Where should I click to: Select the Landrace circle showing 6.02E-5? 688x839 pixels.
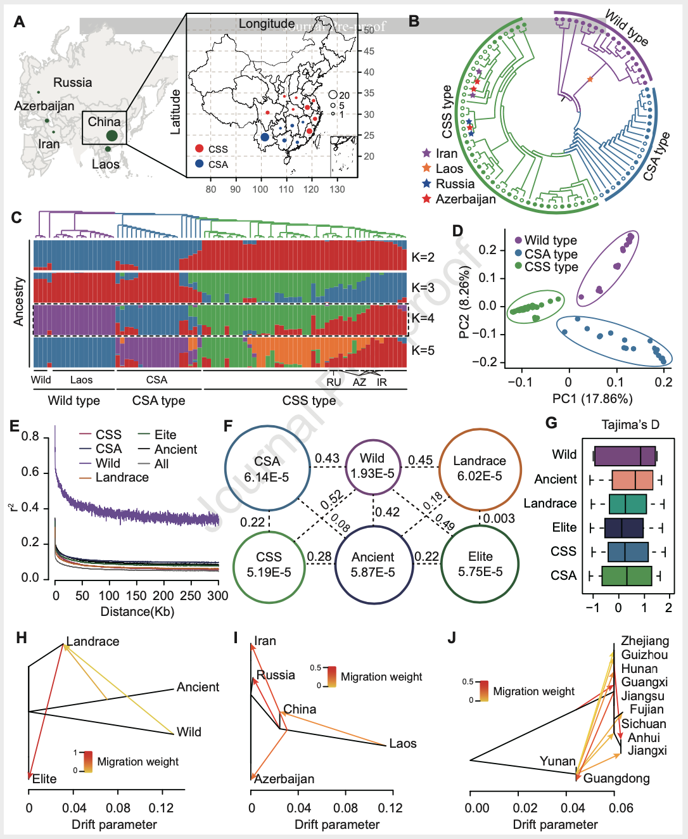[480, 468]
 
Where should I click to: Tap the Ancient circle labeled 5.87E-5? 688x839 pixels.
[373, 565]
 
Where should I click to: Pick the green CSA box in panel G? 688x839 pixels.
[627, 575]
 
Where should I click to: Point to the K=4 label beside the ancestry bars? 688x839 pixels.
[423, 318]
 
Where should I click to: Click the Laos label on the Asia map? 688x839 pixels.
[105, 165]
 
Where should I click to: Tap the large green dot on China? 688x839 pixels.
[112, 135]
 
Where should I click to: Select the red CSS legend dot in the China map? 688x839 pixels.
[200, 149]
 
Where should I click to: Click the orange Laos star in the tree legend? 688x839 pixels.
[426, 169]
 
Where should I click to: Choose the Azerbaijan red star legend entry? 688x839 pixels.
[426, 199]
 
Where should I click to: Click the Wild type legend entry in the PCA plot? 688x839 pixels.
[550, 240]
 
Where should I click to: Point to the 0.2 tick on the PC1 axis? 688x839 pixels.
[663, 381]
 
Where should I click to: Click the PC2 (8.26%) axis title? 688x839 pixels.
[464, 302]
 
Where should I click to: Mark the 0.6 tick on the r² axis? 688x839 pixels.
[30, 472]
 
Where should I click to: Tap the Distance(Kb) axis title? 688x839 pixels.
[137, 612]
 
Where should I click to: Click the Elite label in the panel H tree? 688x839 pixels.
[44, 779]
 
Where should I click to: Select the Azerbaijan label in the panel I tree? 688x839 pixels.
[284, 779]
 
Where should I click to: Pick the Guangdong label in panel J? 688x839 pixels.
[616, 778]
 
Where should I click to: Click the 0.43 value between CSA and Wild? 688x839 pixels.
[327, 458]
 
